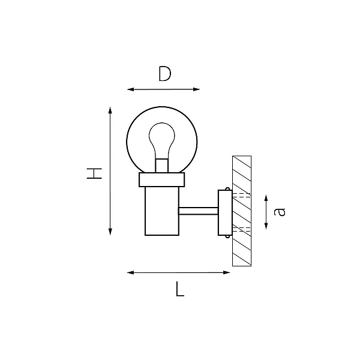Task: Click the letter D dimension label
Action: click(x=165, y=74)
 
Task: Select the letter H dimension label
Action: click(x=94, y=173)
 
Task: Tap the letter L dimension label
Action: click(x=180, y=289)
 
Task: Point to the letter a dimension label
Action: click(x=280, y=211)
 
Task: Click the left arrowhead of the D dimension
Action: click(x=131, y=89)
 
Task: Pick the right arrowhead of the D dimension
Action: click(x=197, y=89)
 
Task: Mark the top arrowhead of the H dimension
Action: click(x=110, y=110)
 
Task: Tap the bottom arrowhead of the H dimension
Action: click(x=110, y=232)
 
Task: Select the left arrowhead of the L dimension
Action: click(x=130, y=272)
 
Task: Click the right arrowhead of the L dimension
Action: click(x=227, y=272)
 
